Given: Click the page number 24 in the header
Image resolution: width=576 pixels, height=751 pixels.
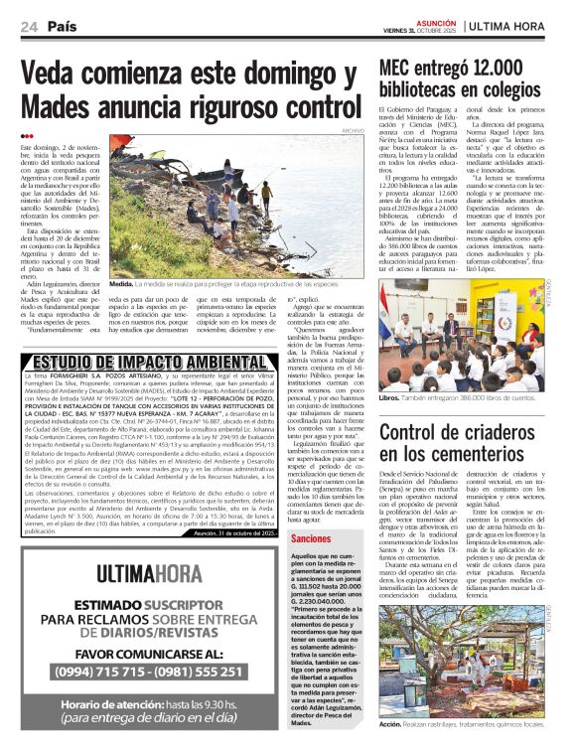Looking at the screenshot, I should click(x=30, y=27).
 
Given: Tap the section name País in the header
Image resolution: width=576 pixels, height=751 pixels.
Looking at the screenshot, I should click(x=63, y=27).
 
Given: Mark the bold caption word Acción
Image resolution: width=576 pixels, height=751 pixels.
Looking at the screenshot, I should click(x=391, y=724).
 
